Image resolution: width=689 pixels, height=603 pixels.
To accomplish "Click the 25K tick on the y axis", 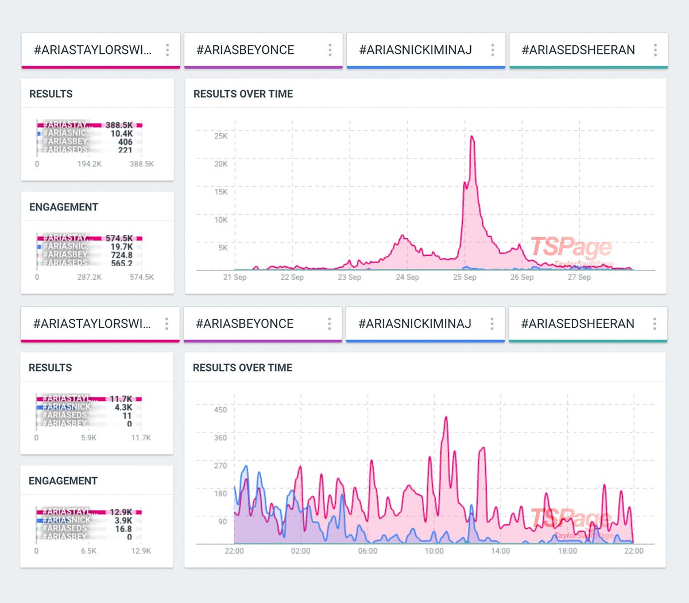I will (220, 136).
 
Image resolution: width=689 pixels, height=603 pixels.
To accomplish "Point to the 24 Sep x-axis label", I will (407, 277).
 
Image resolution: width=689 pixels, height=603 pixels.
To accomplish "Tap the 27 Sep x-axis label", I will (579, 277).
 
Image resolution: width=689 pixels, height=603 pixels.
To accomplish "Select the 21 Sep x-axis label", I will (235, 277).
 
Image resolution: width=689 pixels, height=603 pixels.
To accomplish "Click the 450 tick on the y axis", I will (220, 409).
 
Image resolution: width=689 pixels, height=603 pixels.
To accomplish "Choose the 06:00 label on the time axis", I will (367, 551).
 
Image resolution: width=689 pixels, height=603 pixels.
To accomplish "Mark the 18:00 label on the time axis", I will (567, 551).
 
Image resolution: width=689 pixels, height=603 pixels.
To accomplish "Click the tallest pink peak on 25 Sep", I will (472, 137).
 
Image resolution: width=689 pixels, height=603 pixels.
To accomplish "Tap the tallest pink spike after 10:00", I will (446, 418).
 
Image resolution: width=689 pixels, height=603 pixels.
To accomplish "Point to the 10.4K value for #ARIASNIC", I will (121, 133).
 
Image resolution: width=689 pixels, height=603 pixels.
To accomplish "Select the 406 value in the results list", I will (125, 142).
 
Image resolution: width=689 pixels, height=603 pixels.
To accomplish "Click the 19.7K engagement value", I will (121, 246).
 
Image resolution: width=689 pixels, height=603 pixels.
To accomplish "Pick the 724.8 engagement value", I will (121, 255).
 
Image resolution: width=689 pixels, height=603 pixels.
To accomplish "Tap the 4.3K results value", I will (123, 407).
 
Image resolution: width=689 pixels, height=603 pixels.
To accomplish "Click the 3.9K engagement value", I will (123, 520).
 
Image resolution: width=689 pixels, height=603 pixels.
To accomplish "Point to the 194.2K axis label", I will (89, 164).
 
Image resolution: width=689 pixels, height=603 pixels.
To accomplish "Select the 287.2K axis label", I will (89, 277).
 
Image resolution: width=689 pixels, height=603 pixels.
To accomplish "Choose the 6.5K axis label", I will (88, 551).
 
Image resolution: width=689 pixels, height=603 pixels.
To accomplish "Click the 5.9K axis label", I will (88, 438).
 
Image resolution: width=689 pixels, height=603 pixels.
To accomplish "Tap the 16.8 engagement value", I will (123, 529).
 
